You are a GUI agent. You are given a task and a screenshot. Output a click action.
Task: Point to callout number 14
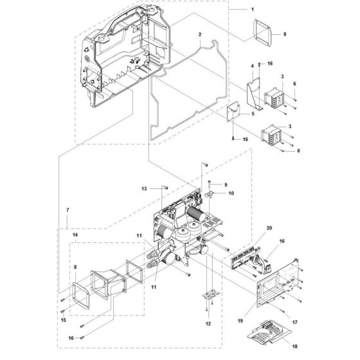[x=75, y=237]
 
